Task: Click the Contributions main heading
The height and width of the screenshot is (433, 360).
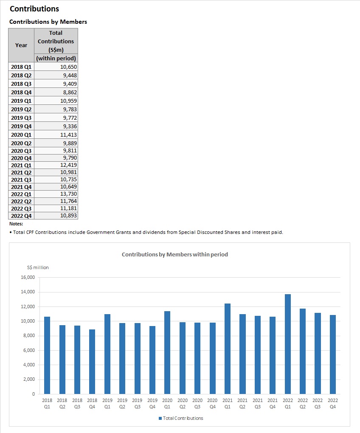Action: click(34, 8)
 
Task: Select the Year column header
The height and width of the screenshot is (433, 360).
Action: click(21, 45)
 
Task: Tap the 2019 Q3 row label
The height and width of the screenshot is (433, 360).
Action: click(21, 118)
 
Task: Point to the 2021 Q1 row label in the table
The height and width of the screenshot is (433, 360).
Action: click(21, 165)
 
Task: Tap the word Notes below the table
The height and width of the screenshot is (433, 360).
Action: click(16, 224)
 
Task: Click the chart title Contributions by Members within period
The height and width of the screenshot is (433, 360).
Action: click(175, 254)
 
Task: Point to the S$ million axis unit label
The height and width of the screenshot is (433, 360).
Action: click(38, 267)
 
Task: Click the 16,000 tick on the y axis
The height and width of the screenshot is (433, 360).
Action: click(28, 278)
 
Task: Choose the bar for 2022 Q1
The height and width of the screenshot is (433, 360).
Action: click(288, 344)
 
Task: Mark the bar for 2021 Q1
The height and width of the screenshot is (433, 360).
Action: click(228, 349)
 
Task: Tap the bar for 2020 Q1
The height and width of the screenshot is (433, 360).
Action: click(167, 352)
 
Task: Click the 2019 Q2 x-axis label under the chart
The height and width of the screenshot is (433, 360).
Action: click(122, 403)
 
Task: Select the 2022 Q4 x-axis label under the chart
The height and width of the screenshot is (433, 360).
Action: click(333, 403)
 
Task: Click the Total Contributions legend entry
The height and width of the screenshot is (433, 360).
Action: click(181, 418)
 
